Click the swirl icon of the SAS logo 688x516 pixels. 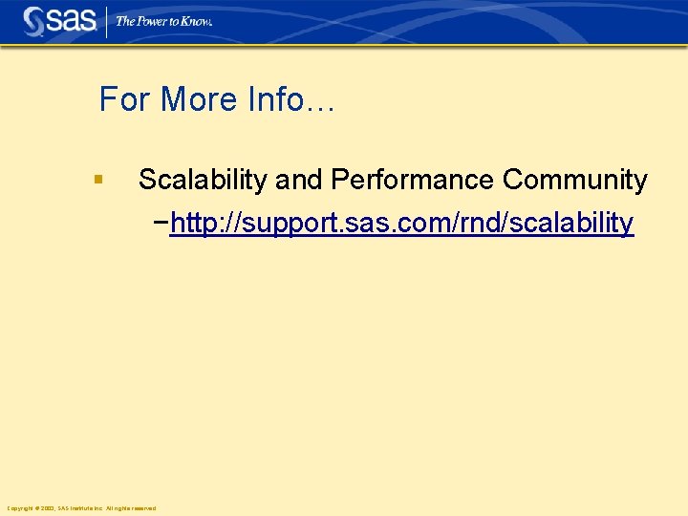(x=34, y=20)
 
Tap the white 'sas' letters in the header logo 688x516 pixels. (x=72, y=20)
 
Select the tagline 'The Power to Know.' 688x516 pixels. (x=163, y=21)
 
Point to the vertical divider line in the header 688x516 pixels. (x=105, y=21)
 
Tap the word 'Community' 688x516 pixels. (x=575, y=180)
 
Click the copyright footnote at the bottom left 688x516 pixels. (x=81, y=507)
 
